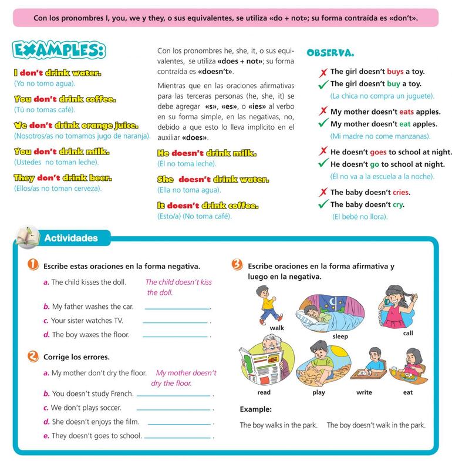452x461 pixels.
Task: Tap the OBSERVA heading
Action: (x=330, y=53)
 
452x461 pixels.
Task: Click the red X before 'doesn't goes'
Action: (x=322, y=151)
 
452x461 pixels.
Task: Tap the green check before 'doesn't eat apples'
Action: (x=322, y=124)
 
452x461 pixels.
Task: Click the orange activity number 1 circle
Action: (x=33, y=265)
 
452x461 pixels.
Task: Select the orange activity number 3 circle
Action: (x=237, y=265)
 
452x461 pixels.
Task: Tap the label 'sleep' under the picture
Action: (x=340, y=337)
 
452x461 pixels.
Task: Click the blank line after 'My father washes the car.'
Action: (x=177, y=308)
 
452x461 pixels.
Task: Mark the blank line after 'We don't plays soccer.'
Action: (x=173, y=409)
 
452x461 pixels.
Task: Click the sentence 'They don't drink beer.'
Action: (x=62, y=177)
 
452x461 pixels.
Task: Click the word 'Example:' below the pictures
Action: (x=255, y=409)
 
